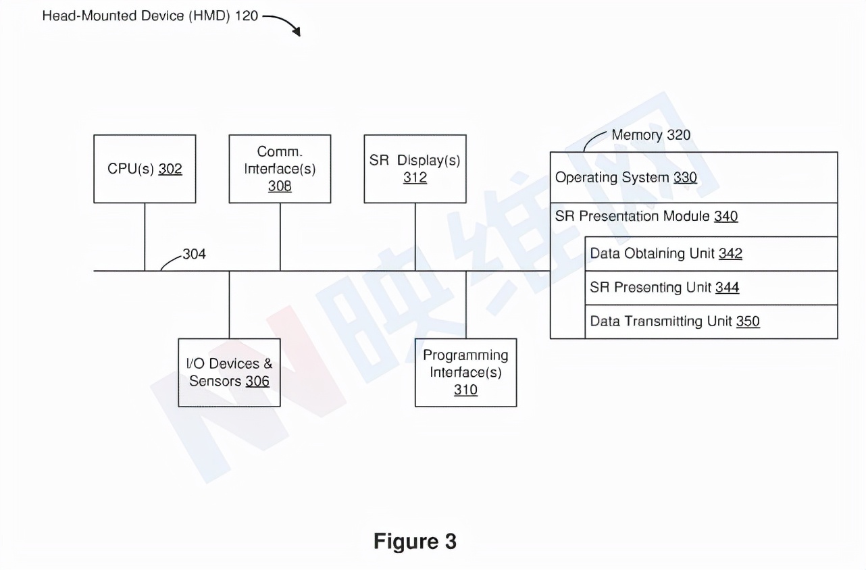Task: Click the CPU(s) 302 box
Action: point(145,169)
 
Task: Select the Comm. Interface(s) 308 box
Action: point(280,169)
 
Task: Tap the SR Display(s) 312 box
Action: point(415,169)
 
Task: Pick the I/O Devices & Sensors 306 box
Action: point(229,372)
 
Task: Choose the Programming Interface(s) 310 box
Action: point(465,372)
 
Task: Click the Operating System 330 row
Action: point(694,178)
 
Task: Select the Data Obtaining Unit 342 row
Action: point(711,254)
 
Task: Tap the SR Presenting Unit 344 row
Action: point(711,288)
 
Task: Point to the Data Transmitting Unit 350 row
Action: point(711,321)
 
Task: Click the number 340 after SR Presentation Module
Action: point(725,217)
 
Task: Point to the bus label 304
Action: point(195,255)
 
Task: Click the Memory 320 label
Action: point(651,135)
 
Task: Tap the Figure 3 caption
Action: point(415,541)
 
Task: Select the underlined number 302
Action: point(170,170)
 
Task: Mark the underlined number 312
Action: point(415,178)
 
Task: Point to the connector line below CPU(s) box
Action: point(145,236)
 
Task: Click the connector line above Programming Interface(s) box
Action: point(465,305)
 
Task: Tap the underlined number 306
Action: point(257,382)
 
